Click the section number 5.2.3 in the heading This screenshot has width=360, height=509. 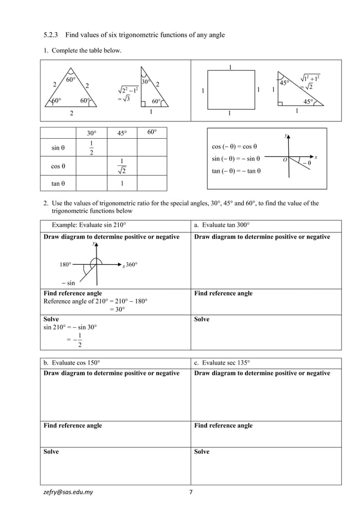pos(53,35)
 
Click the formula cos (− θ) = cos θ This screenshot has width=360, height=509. pos(235,146)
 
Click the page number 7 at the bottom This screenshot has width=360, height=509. pos(191,492)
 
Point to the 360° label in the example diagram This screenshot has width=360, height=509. pos(131,265)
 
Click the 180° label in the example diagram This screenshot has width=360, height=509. pos(65,264)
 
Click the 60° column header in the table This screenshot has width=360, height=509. pos(152,133)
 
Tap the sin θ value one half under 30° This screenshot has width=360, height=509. pos(91,149)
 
